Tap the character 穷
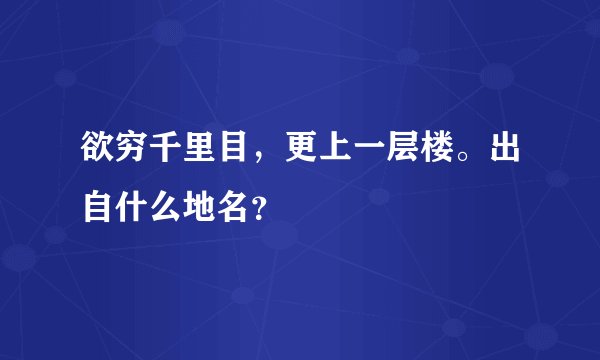click(139, 152)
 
